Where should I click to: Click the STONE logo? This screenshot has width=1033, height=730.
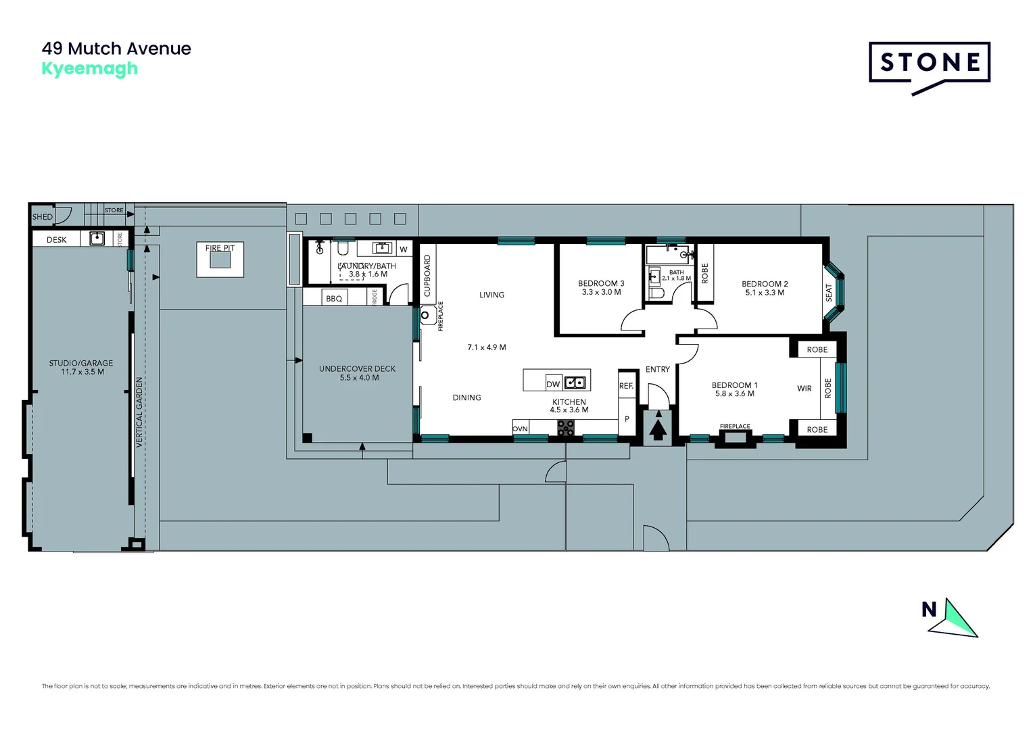click(x=929, y=64)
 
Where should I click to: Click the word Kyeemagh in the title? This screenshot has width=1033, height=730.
click(x=89, y=69)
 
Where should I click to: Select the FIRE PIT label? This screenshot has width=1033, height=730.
click(x=220, y=248)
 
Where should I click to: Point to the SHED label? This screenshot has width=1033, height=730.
click(x=42, y=217)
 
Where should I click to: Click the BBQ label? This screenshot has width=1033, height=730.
click(x=334, y=299)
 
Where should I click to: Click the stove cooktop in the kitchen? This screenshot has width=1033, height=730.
click(x=566, y=428)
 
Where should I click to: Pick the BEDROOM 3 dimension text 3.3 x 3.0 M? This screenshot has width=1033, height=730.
click(x=601, y=293)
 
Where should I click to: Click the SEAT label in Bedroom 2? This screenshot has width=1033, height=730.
click(x=829, y=293)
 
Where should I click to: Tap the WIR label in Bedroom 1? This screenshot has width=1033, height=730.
click(x=804, y=389)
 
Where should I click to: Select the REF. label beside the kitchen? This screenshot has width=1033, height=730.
click(x=626, y=386)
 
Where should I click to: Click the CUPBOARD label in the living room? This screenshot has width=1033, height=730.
click(x=427, y=276)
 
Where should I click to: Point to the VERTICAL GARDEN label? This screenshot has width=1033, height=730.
click(x=139, y=412)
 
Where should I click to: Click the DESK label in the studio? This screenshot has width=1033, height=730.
click(x=57, y=240)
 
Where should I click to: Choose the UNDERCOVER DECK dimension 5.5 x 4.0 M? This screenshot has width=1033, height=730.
click(x=359, y=378)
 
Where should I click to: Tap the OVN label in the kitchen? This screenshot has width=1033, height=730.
click(x=520, y=429)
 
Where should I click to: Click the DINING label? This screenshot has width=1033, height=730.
click(x=466, y=397)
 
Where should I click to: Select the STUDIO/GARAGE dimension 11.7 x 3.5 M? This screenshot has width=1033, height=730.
click(x=82, y=372)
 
